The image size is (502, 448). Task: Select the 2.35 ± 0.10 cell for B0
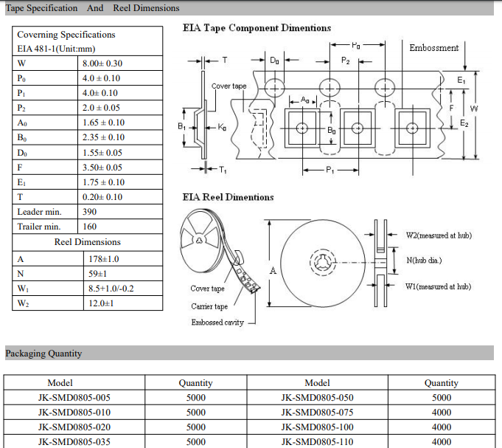103,137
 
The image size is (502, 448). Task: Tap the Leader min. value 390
90,212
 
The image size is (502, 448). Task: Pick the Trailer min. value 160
90,227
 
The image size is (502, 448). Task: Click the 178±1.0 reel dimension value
104,259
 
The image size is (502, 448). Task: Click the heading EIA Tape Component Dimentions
257,28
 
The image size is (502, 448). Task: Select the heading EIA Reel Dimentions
228,197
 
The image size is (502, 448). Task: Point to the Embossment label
433,48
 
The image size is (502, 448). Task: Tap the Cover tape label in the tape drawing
229,86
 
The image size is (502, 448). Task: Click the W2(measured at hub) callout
439,235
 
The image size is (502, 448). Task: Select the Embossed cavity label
218,323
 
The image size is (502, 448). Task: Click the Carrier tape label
209,306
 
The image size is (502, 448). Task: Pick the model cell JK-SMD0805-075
317,413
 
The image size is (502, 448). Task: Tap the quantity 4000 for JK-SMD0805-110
441,442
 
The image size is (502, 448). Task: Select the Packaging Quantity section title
44,354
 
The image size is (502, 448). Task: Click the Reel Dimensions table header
87,242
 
